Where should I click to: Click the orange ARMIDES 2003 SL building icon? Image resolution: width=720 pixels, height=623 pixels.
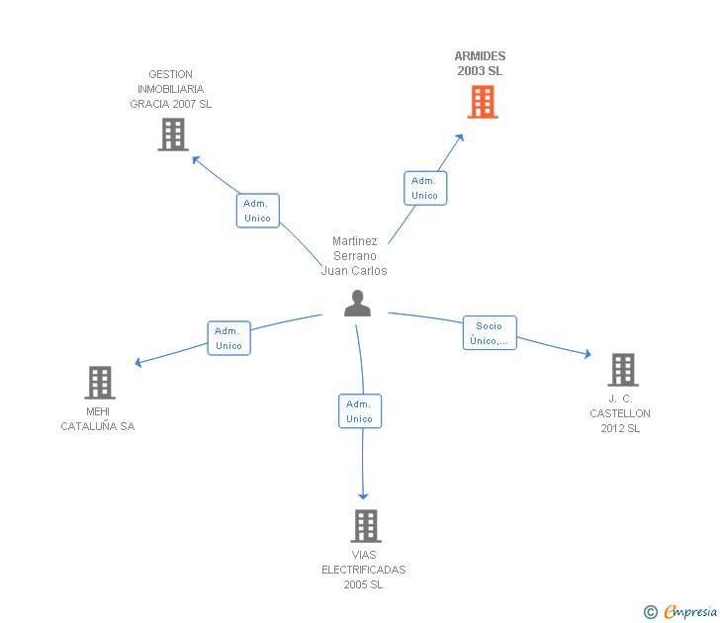point(483,102)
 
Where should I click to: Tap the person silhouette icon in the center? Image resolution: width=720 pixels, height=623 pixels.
point(357,303)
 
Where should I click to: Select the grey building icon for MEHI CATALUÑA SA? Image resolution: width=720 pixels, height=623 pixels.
point(100,383)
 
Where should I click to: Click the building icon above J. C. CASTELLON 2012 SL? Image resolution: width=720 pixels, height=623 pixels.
point(623,370)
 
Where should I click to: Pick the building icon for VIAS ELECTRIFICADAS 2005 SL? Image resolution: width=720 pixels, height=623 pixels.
point(366,526)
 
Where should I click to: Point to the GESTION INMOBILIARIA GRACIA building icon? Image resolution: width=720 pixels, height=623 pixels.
point(173,134)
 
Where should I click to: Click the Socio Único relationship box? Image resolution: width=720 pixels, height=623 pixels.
point(490,333)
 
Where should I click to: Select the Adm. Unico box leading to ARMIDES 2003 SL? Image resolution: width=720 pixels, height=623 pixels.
point(425,188)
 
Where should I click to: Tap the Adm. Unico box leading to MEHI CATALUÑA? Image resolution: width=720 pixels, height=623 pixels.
point(229,338)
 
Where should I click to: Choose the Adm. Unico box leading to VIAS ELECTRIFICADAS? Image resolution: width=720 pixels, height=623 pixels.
point(360,411)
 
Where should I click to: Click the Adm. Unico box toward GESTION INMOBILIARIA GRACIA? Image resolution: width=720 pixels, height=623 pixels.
point(257,211)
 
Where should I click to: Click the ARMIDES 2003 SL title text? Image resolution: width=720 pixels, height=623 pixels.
point(480,63)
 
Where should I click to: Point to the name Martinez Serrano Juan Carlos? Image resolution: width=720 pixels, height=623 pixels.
point(354,256)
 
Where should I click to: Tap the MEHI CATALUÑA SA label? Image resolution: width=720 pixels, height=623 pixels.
point(98,418)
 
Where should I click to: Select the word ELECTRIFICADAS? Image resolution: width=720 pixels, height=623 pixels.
point(364,570)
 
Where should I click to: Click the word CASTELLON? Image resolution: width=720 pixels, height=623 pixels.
point(620,413)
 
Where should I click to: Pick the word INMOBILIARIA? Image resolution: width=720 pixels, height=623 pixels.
point(171,89)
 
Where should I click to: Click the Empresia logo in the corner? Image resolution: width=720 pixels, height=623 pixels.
point(680,612)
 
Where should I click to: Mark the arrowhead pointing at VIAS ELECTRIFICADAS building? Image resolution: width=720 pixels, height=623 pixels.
point(363,496)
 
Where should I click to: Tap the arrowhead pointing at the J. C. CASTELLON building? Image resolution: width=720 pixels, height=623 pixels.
point(587,353)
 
